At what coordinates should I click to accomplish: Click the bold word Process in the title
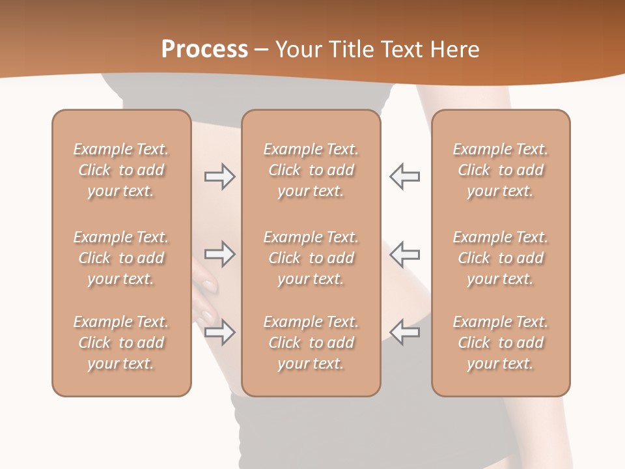[x=204, y=50]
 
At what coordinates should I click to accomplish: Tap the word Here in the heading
[x=455, y=50]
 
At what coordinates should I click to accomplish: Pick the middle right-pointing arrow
[x=219, y=254]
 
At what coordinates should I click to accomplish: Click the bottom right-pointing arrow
[x=219, y=332]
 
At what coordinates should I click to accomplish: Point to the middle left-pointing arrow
[x=405, y=254]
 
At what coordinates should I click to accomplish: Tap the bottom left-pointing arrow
[x=405, y=332]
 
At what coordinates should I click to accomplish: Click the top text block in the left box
[x=121, y=170]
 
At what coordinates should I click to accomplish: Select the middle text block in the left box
[x=121, y=258]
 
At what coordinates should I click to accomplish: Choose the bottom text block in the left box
[x=121, y=343]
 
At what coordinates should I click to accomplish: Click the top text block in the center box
[x=311, y=170]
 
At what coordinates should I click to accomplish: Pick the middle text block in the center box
[x=311, y=258]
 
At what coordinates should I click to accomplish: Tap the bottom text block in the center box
[x=311, y=343]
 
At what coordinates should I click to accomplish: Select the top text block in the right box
[x=500, y=170]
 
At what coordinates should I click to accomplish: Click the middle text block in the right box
[x=500, y=258]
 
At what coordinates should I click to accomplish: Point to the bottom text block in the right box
[x=500, y=343]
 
